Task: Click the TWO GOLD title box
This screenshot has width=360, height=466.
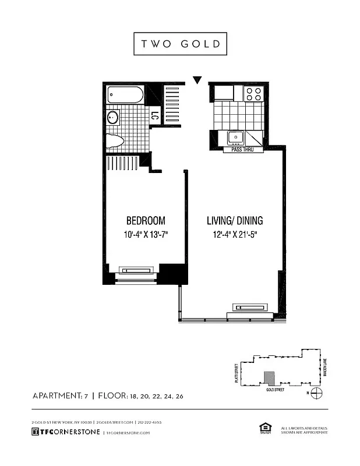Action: (180, 44)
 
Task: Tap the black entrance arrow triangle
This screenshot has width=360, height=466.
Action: (197, 80)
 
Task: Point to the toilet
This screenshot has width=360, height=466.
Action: (116, 140)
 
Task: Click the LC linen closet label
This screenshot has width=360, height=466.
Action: (155, 116)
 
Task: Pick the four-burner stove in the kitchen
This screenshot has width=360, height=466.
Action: (253, 94)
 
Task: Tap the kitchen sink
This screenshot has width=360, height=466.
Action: (235, 137)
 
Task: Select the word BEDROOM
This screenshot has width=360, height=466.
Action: (146, 221)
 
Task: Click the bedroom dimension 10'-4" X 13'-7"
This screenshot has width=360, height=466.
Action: (146, 235)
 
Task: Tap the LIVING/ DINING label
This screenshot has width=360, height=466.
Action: (235, 221)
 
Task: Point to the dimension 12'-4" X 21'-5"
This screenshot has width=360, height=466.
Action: (235, 235)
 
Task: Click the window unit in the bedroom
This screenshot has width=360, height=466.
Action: (137, 270)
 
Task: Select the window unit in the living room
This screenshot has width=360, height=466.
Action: (250, 307)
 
